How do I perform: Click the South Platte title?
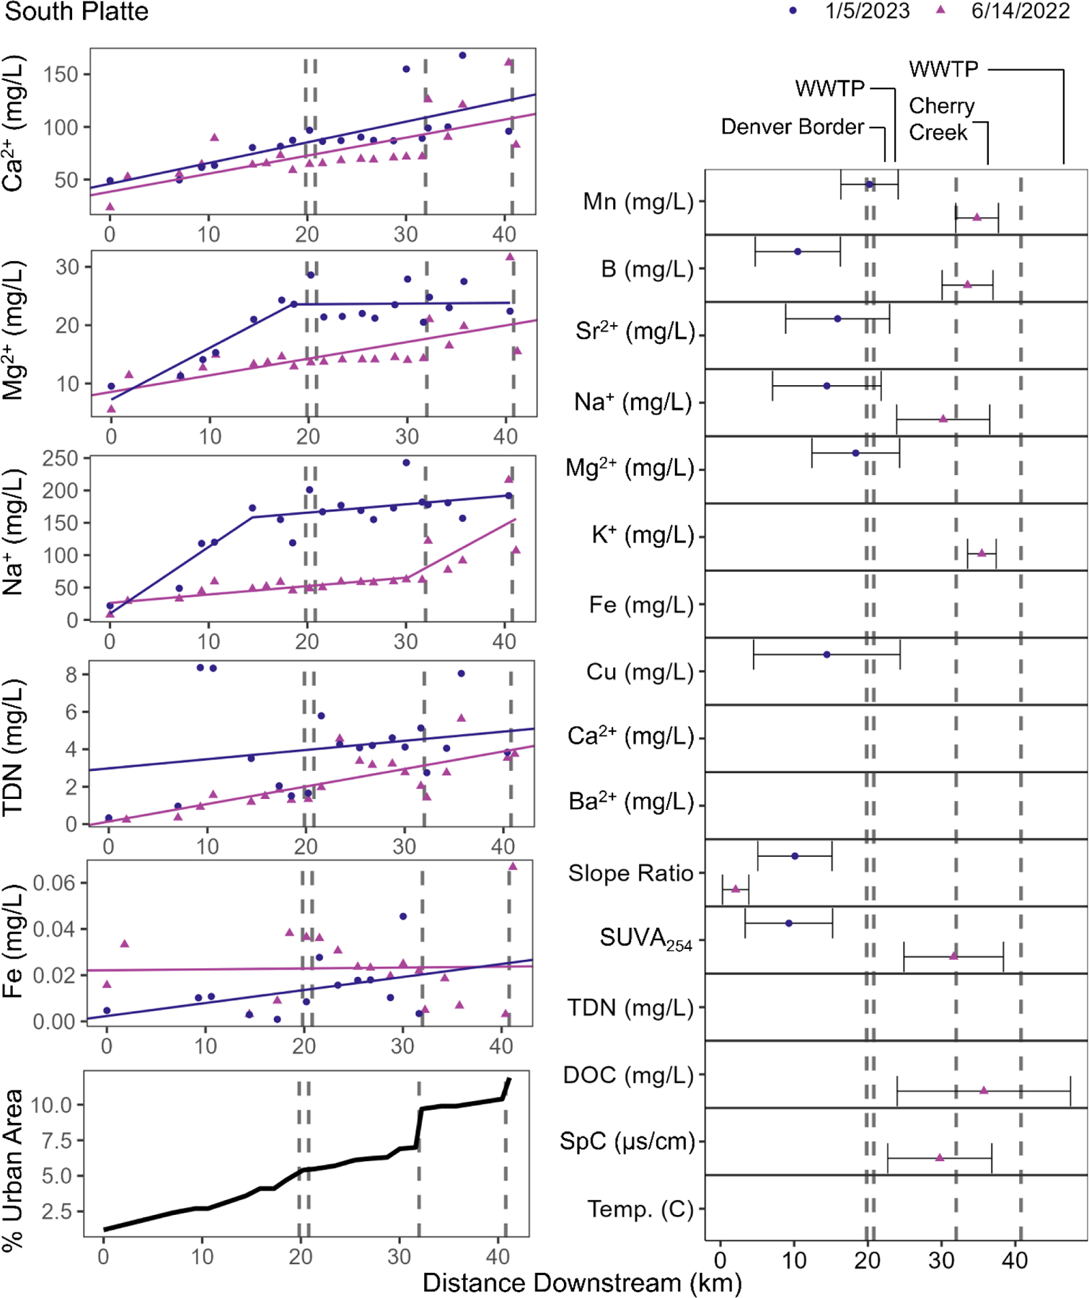point(76,12)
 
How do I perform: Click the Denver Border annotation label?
point(792,127)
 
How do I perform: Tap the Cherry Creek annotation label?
point(940,119)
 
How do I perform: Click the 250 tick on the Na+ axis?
point(60,459)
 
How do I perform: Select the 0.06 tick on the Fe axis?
point(54,883)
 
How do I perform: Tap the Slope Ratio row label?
point(630,873)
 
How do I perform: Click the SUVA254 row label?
point(645,939)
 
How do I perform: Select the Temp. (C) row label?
point(640,1209)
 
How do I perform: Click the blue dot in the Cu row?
point(826,655)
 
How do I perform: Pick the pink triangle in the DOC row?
point(984,1091)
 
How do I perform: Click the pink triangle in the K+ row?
point(981,554)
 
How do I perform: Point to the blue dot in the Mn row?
point(869,185)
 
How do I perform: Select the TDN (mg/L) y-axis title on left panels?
point(13,747)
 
